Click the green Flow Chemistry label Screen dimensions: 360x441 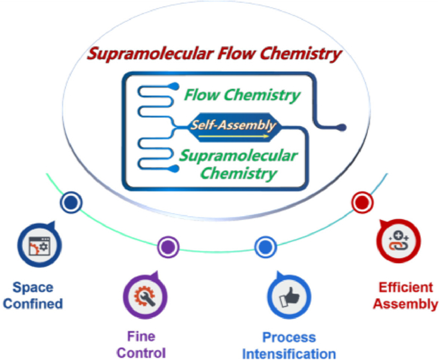242,96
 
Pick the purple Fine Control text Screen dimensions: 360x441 144,344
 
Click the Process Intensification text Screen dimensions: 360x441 289,345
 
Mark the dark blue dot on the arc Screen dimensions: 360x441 71,202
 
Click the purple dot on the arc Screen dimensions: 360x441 168,245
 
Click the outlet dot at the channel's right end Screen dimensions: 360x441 341,127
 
